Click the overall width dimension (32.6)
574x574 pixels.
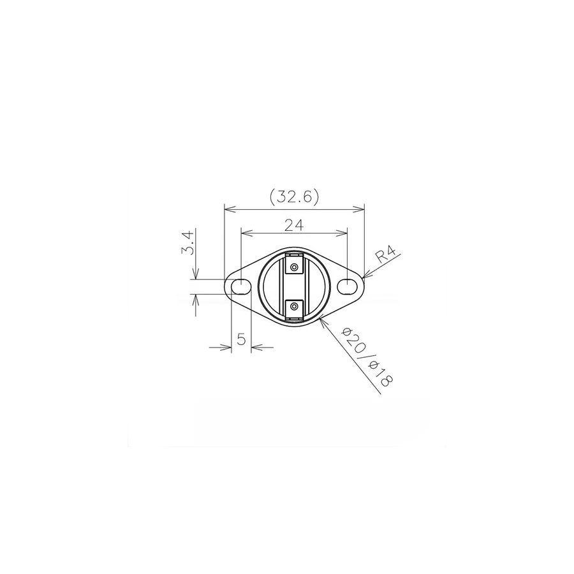point(294,196)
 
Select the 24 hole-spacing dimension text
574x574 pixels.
point(293,224)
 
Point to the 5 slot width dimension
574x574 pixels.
point(241,339)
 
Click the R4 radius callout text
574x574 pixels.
point(386,256)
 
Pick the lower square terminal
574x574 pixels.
point(294,307)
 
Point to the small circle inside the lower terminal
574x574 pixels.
point(294,307)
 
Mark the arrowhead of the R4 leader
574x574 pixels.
point(364,277)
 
